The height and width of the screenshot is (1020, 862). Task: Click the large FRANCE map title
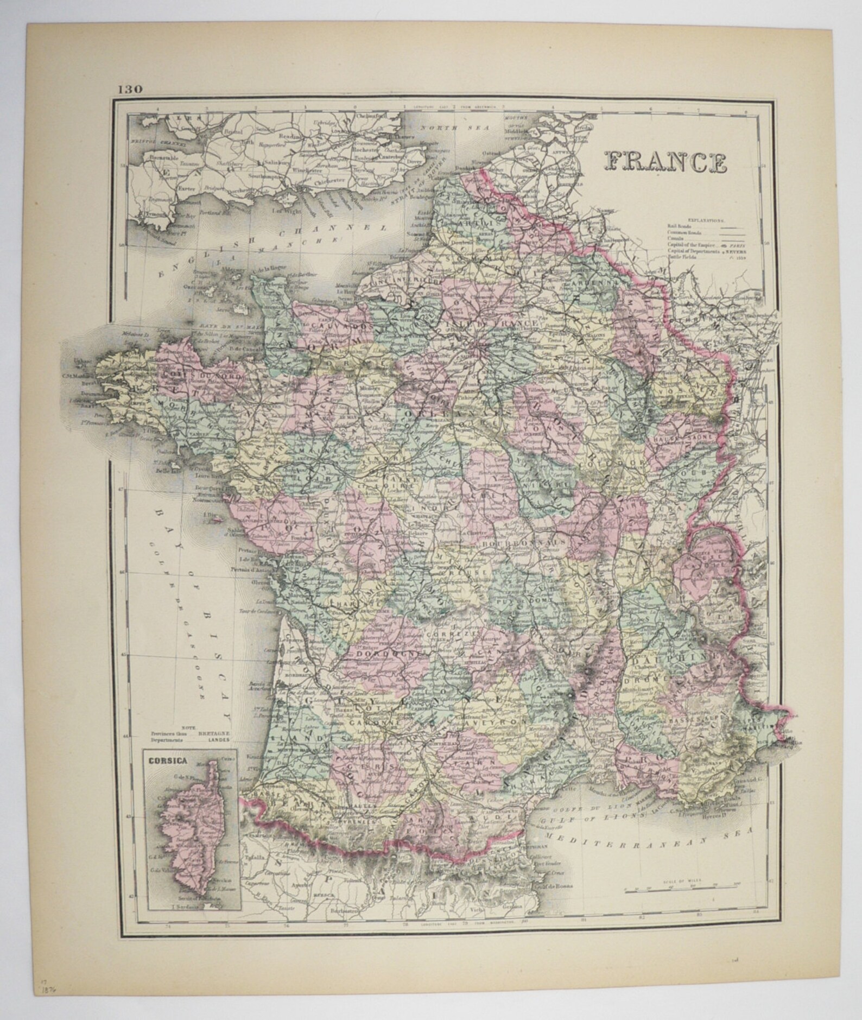(666, 161)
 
